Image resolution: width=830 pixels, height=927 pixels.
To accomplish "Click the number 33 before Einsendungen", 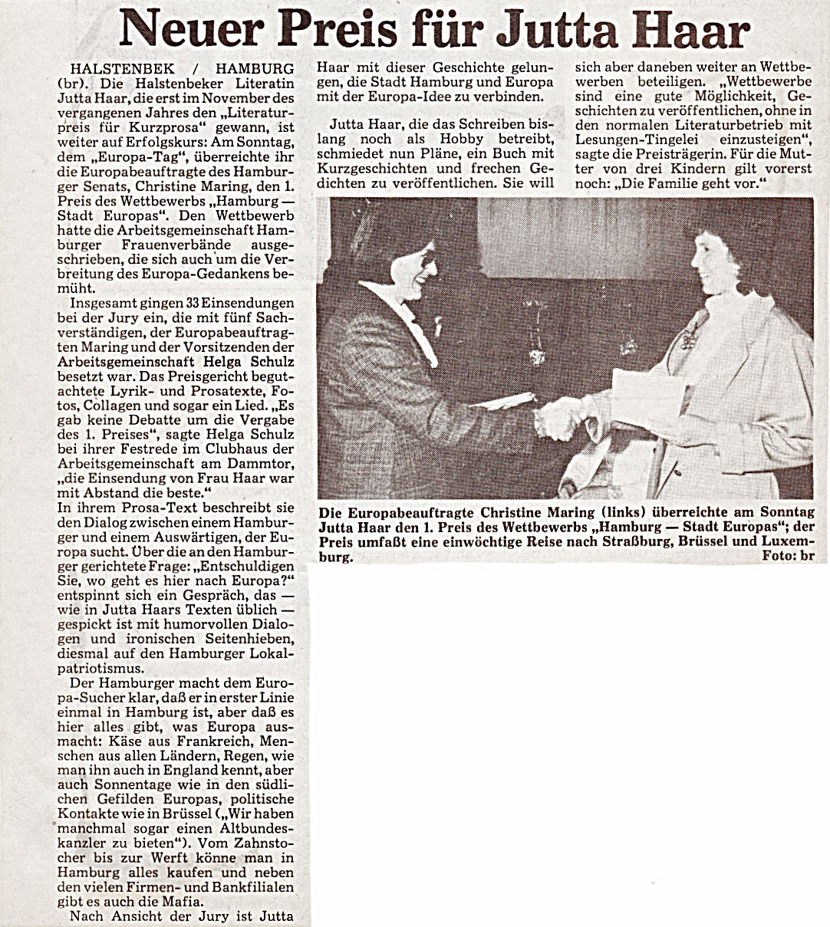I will point(203,303).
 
